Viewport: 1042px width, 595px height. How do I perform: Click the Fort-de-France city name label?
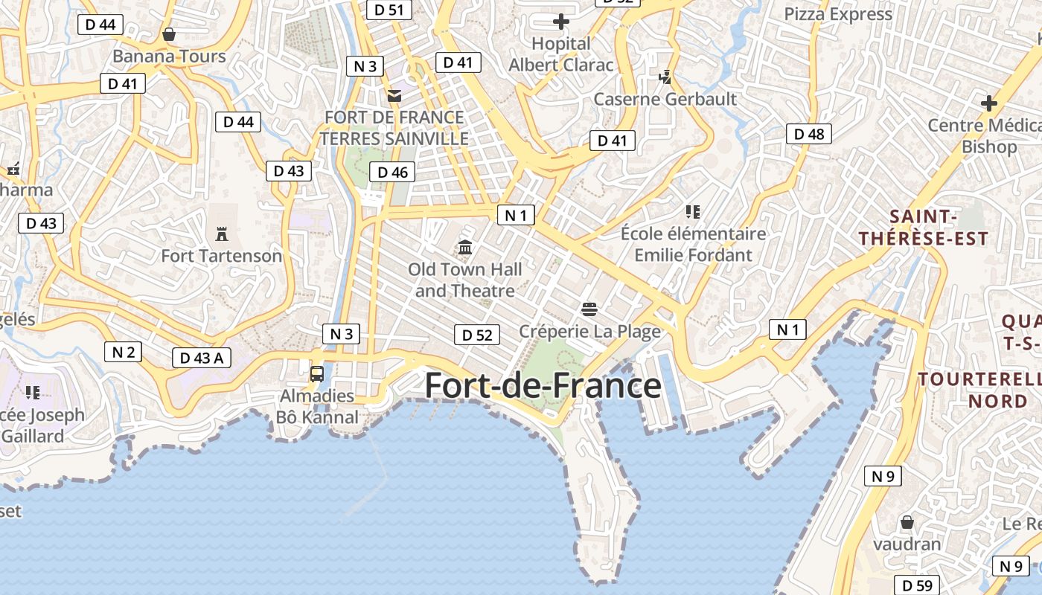(543, 386)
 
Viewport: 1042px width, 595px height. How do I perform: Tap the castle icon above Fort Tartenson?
(221, 234)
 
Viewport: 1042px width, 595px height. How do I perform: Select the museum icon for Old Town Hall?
(465, 247)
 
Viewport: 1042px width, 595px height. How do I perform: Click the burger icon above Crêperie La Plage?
(589, 309)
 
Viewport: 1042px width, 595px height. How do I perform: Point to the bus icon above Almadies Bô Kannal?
(317, 373)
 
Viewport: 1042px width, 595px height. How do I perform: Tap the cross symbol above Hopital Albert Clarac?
(561, 22)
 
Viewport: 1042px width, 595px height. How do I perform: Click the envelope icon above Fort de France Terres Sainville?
(394, 95)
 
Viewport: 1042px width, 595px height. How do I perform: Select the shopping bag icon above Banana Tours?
(169, 34)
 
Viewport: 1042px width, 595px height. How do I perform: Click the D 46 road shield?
(392, 173)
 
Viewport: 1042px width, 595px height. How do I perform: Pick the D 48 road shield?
(809, 134)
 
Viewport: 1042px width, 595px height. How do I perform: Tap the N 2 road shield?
(123, 352)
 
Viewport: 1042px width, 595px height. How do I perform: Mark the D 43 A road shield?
(201, 358)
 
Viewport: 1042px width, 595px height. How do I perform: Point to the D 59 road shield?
(917, 585)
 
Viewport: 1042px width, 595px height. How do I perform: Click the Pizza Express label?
(838, 14)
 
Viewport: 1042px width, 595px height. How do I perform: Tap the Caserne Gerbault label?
(665, 99)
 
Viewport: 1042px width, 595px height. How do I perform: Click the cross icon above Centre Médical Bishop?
(988, 103)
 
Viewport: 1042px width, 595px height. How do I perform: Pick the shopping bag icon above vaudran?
(907, 522)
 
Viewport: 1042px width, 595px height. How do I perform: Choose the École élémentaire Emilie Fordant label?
(693, 244)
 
